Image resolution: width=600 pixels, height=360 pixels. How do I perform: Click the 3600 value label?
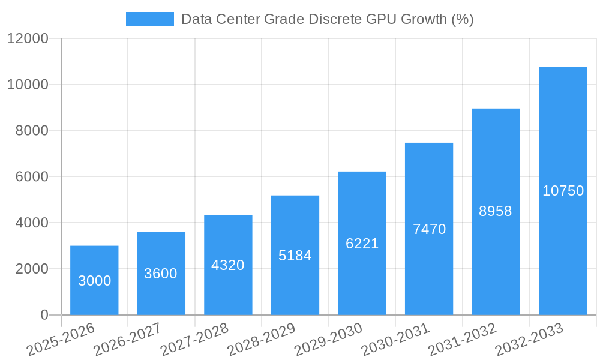tap(161, 274)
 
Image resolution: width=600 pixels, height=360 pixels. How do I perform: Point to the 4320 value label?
tap(228, 265)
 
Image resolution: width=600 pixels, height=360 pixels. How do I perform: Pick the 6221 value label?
tap(362, 244)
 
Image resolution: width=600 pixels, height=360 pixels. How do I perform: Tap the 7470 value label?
tap(429, 229)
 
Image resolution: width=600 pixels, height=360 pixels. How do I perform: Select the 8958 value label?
tap(496, 211)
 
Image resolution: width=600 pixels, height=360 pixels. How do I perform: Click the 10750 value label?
tap(563, 191)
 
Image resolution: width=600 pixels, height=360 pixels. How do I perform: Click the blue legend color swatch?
tap(149, 19)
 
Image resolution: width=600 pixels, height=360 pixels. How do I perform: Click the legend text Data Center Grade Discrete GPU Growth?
tap(328, 19)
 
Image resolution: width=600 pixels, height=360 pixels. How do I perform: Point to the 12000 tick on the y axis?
tap(28, 38)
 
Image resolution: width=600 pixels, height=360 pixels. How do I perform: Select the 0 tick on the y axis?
tap(44, 315)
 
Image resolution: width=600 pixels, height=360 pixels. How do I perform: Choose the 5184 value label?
tap(295, 256)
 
